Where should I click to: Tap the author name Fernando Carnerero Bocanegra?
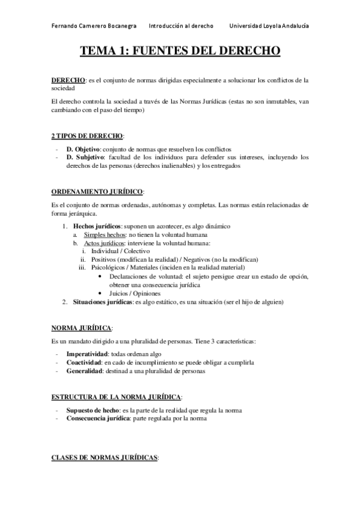click(x=94, y=26)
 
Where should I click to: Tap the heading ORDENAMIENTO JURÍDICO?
click(x=97, y=191)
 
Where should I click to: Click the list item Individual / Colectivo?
click(x=124, y=251)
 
